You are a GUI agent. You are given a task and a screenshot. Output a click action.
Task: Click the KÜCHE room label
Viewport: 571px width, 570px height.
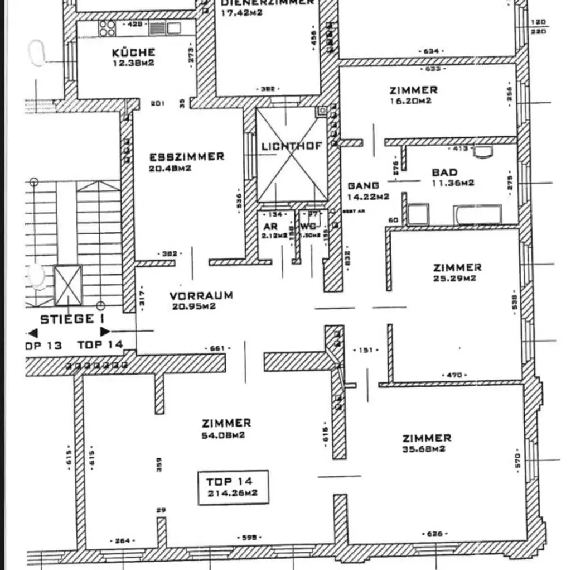tap(133, 52)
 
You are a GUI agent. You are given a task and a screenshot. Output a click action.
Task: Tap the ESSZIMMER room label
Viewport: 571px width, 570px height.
tap(186, 157)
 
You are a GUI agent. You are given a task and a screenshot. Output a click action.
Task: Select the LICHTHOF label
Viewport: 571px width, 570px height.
tap(292, 146)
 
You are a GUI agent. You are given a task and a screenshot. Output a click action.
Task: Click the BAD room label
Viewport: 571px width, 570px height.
tap(444, 173)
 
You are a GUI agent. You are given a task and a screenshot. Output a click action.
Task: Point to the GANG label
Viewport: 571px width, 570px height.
tap(363, 185)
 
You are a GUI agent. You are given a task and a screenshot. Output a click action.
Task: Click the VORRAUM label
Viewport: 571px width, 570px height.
tap(201, 296)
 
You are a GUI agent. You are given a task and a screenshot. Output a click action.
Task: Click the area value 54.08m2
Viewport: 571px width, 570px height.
tap(223, 435)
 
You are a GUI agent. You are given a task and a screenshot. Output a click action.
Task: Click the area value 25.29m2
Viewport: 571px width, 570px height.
tap(454, 279)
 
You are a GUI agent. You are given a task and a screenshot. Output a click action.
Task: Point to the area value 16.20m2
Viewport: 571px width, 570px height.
tap(410, 101)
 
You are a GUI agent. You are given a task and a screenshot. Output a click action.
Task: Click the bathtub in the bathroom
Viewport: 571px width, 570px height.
tap(477, 214)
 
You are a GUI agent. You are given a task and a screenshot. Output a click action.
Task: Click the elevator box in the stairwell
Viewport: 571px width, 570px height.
tap(67, 285)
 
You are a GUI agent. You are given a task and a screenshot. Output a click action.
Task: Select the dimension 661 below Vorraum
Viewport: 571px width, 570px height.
tap(217, 348)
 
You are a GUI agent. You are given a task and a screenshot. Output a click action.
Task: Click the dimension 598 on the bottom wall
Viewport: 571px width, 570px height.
tap(249, 537)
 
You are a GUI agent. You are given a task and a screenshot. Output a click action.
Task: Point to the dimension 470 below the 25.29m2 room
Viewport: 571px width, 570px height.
tap(454, 375)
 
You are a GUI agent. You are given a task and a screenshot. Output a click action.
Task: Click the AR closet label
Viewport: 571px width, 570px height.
tap(270, 227)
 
